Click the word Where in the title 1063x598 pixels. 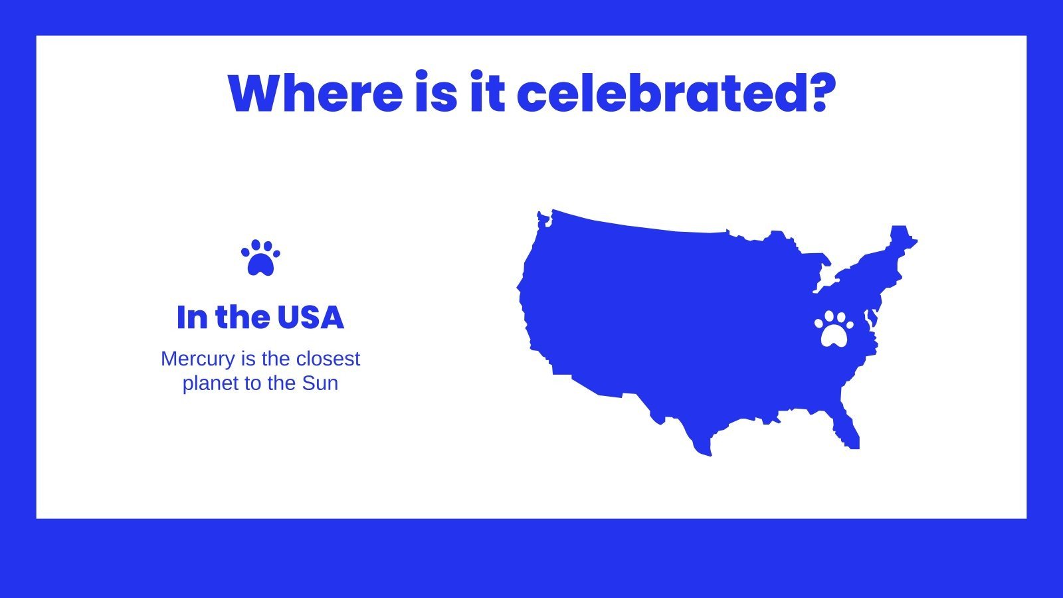[x=315, y=94]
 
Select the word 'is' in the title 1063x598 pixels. [x=436, y=94]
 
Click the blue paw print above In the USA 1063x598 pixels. [x=260, y=258]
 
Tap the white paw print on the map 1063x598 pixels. [x=834, y=328]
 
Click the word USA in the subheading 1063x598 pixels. [x=310, y=318]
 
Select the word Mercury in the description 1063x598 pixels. [x=198, y=359]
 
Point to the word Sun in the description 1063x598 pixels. [x=320, y=383]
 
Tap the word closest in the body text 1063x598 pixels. [x=328, y=359]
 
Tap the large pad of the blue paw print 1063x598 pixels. [x=260, y=265]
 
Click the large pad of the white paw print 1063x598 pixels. [x=834, y=336]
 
